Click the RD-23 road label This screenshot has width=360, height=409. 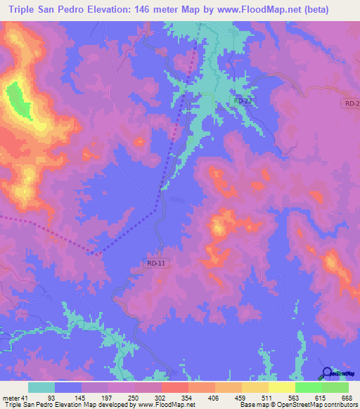coord(243,101)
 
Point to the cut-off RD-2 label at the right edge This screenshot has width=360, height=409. coord(352,104)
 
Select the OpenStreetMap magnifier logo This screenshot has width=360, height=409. coord(327,373)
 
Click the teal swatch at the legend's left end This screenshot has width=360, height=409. coord(41,388)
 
